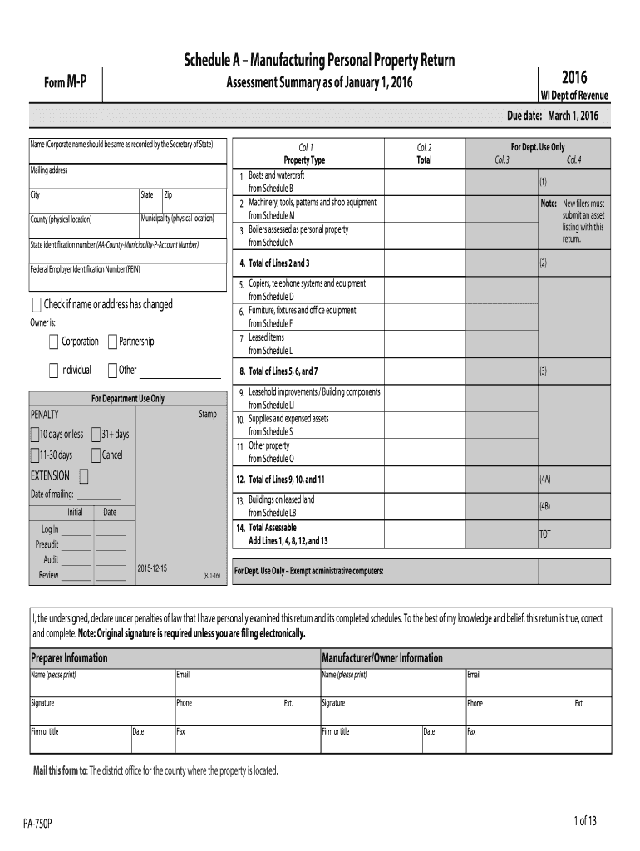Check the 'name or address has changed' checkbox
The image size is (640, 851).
click(36, 304)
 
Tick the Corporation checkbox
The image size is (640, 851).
click(54, 342)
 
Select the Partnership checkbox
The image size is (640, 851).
click(112, 342)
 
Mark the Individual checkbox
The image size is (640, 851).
click(54, 370)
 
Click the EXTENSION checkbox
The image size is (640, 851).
click(84, 476)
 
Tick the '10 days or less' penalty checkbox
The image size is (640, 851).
click(34, 434)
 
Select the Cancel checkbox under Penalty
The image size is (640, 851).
click(96, 455)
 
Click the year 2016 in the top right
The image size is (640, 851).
click(574, 78)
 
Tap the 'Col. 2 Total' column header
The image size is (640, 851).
click(424, 154)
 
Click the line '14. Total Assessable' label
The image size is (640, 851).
click(272, 528)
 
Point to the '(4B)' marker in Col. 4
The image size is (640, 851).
click(544, 505)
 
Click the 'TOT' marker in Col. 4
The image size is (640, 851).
click(544, 534)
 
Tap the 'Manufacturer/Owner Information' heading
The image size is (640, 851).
click(382, 658)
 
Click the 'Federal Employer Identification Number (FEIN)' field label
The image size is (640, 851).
click(86, 270)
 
